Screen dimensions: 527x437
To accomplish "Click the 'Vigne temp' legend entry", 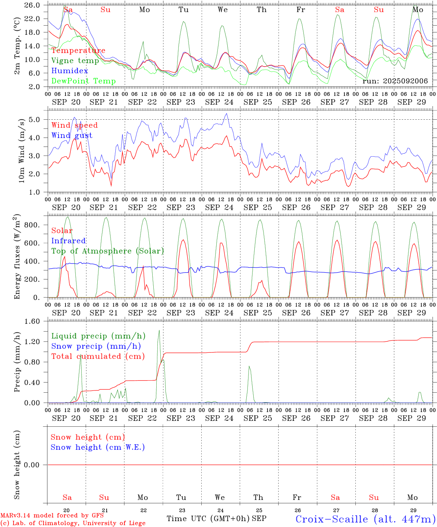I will point(75,61).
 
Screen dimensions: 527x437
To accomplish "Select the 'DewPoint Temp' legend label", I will point(83,81).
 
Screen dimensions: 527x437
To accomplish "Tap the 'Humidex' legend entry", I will point(70,71).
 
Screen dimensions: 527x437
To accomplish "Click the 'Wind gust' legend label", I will point(72,135).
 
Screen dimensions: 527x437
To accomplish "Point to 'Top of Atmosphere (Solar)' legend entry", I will point(107,251).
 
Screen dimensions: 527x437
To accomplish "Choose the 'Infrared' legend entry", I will point(68,241).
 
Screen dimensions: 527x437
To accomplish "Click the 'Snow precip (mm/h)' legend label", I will point(96,346).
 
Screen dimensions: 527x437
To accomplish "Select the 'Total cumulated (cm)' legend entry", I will point(98,356).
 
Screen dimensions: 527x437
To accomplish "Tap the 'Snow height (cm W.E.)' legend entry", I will point(98,447).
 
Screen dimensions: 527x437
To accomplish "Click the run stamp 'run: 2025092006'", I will point(395,81).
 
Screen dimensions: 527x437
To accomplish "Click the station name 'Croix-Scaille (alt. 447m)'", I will point(365,519).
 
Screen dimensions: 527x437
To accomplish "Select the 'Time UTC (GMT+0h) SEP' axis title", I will point(216,519).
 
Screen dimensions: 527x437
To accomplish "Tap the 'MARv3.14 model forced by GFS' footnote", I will point(52,516).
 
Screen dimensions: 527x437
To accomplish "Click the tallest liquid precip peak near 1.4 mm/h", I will point(159,331).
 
